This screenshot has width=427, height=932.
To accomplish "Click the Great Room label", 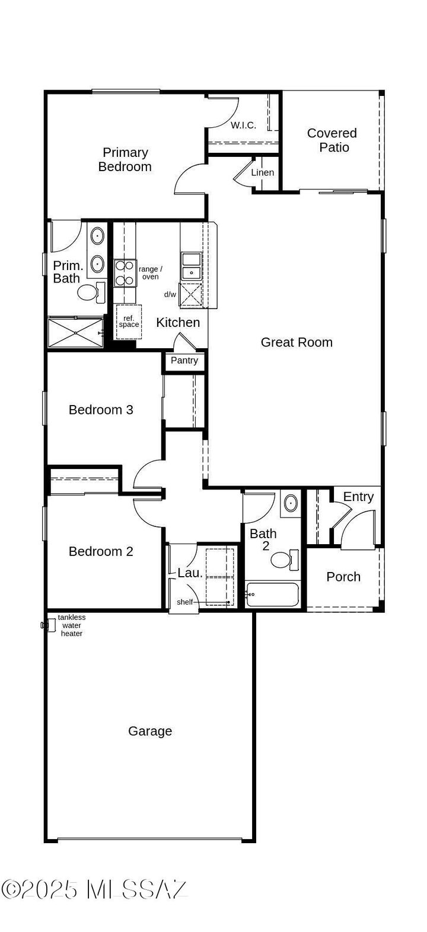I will pos(297,342).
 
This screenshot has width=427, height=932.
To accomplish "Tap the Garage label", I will pos(150,731).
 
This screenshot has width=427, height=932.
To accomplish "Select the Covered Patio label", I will pos(332,140).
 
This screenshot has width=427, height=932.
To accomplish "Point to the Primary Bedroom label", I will pos(125,160).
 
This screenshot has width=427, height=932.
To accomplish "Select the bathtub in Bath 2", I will pos(273,594).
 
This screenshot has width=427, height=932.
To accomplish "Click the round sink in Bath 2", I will pos(291,503).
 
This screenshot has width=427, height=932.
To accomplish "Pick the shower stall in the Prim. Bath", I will pos(75,333).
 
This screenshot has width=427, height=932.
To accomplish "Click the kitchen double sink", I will pos(191,266).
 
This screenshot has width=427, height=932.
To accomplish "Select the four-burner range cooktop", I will pos(125,273).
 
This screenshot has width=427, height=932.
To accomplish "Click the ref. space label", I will pos(129,322).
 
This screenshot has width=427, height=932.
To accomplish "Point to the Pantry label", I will pos(184,361).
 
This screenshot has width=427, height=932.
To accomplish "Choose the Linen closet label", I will pos(263,173).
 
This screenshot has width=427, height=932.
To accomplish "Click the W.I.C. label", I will pos(243,125).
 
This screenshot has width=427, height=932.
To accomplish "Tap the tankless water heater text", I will pos(72,625).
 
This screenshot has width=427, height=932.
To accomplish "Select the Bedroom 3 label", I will pos(101,410).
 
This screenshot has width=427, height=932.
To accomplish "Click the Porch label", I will pos(343,577).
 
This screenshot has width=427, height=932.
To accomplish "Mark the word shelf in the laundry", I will pos(185,602).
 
